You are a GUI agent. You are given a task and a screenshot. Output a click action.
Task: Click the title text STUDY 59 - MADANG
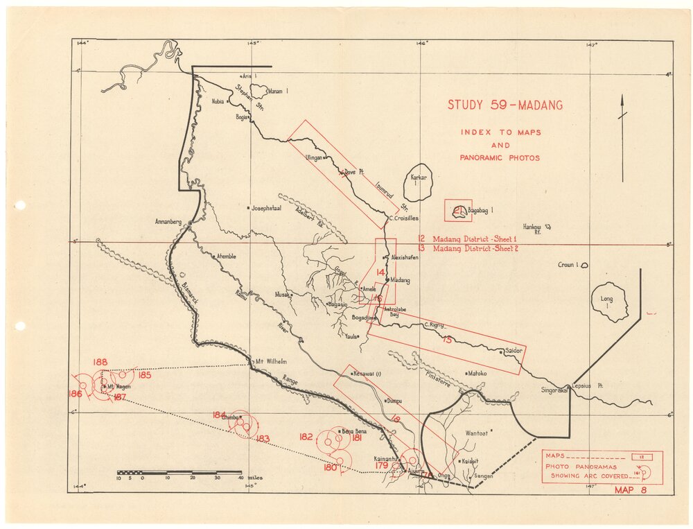pyautogui.click(x=505, y=105)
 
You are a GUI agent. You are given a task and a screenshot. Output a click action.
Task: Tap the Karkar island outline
pyautogui.click(x=421, y=183)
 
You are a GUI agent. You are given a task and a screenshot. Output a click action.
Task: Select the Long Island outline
pyautogui.click(x=609, y=304)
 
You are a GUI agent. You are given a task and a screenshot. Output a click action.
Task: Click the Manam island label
pyautogui.click(x=277, y=91)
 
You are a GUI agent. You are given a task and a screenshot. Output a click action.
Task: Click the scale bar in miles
pyautogui.click(x=179, y=473)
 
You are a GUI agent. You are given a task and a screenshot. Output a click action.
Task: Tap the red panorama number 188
pyautogui.click(x=100, y=362)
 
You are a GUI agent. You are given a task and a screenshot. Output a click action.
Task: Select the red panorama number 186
pyautogui.click(x=75, y=394)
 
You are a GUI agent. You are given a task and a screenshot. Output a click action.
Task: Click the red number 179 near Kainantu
pyautogui.click(x=382, y=465)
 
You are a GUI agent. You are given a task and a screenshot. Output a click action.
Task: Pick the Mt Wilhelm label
pyautogui.click(x=271, y=361)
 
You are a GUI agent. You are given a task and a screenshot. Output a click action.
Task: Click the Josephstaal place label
pyautogui.click(x=268, y=207)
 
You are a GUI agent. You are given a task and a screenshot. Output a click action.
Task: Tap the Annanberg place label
pyautogui.click(x=168, y=222)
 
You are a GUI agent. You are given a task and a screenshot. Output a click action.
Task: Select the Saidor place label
pyautogui.click(x=513, y=351)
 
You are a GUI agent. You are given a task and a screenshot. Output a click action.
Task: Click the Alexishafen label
pyautogui.click(x=404, y=257)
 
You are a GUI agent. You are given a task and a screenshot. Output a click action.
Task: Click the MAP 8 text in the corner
pyautogui.click(x=630, y=490)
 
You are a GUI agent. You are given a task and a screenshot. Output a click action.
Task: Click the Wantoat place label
pyautogui.click(x=476, y=433)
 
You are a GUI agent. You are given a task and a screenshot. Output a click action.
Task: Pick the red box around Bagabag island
pyautogui.click(x=458, y=210)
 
